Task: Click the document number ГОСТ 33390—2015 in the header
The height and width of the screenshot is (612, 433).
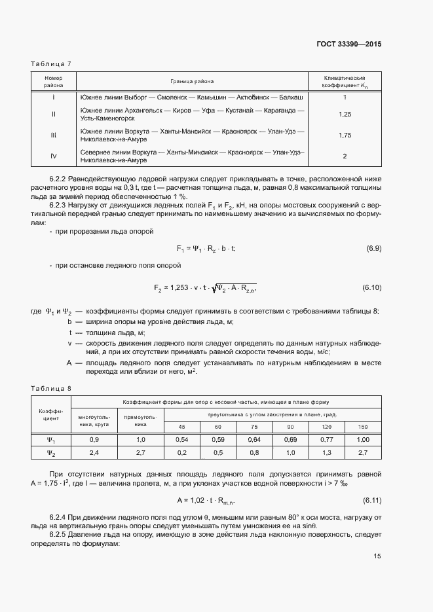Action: tap(348, 45)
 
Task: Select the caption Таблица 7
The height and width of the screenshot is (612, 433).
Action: tap(51, 63)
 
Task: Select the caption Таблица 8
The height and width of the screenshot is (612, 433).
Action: tap(51, 388)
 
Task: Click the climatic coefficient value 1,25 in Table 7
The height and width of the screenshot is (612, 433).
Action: tap(345, 114)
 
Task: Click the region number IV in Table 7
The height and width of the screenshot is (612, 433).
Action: tap(54, 156)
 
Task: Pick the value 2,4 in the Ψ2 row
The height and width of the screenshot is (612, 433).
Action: tap(94, 452)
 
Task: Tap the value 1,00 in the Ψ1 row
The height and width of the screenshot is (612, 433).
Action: tap(364, 440)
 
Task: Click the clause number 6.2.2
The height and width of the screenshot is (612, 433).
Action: tap(61, 179)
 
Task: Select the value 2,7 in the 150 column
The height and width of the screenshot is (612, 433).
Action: tap(364, 452)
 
